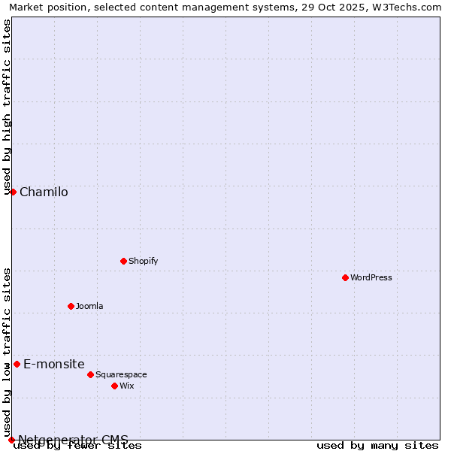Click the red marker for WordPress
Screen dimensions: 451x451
[345, 277]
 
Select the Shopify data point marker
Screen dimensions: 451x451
[123, 261]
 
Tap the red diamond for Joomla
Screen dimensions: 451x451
[71, 306]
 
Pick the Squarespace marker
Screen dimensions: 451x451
[90, 374]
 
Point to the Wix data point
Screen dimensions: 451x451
[114, 386]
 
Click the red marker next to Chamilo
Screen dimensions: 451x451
[13, 192]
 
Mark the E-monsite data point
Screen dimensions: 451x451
[17, 364]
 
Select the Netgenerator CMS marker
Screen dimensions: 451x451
[11, 440]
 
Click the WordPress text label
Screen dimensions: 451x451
[371, 277]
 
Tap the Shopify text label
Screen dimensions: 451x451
[143, 261]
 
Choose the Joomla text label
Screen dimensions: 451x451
[89, 306]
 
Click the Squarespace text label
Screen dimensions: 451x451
[121, 374]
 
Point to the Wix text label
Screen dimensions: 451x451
[126, 386]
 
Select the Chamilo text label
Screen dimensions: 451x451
[44, 192]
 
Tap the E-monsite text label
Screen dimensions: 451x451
[53, 364]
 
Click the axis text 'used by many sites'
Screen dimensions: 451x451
[377, 445]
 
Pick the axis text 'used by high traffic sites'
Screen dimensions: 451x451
[7, 107]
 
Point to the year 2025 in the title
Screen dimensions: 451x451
[349, 7]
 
